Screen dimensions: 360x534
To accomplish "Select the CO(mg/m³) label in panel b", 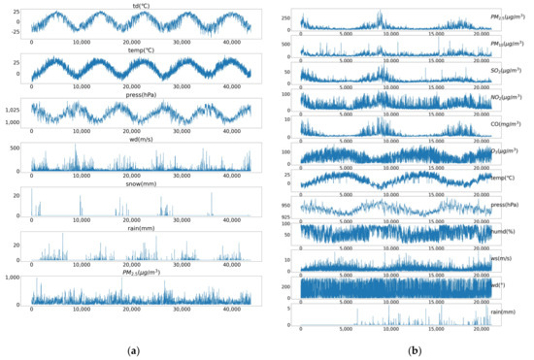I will [513, 124].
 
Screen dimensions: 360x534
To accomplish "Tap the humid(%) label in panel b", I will [513, 233].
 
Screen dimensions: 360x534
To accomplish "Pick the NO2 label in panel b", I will [513, 97].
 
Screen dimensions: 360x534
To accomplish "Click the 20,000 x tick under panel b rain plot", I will [481, 331].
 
